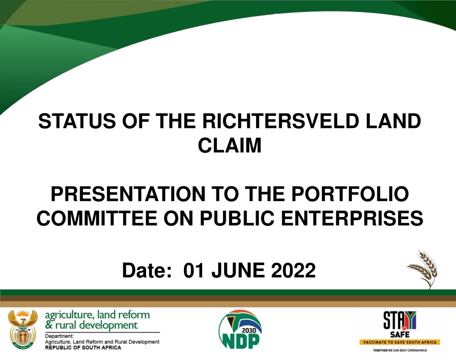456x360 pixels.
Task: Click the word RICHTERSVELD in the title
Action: point(281,121)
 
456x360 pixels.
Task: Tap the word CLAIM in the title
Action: point(230,145)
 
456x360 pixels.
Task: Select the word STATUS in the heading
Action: point(77,121)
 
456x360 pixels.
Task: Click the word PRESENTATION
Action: point(128,194)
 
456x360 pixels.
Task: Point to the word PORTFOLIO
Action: point(350,194)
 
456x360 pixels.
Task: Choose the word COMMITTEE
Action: point(97,218)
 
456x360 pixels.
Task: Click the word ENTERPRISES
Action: point(352,218)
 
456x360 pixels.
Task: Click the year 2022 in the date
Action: point(293,270)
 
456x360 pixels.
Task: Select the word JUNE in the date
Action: point(238,270)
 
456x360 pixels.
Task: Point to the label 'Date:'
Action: point(147,270)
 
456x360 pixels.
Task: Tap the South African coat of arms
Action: point(23,329)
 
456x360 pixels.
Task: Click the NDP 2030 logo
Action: point(240,329)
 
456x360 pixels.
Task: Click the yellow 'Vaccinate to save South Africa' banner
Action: point(400,342)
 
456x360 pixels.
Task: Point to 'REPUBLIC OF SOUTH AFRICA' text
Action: point(83,348)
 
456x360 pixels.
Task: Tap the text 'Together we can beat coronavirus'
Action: point(400,350)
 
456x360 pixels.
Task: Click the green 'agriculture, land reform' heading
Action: point(98,315)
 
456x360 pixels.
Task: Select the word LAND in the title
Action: point(393,121)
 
